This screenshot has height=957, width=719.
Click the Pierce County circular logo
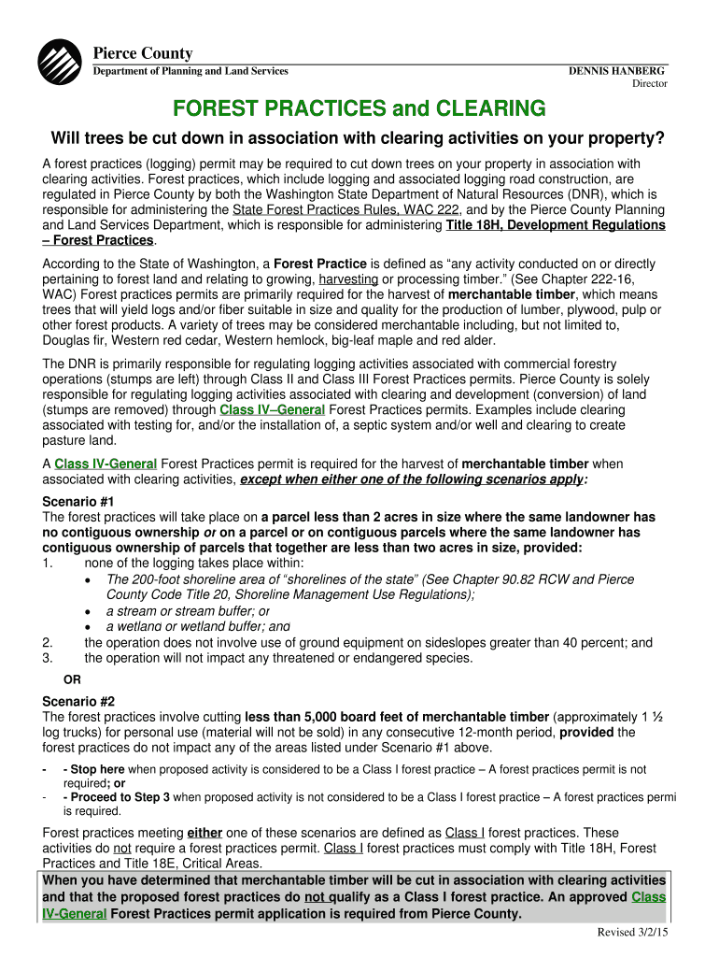point(59,63)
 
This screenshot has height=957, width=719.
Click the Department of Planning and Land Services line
point(190,71)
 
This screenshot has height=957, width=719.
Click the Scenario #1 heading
point(77,501)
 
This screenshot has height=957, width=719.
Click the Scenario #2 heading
point(77,701)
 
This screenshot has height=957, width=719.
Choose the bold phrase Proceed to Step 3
point(117,797)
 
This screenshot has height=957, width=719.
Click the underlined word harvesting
point(348,279)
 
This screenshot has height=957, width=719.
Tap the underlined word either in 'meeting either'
point(204,833)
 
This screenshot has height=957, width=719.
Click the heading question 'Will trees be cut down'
point(358,139)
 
